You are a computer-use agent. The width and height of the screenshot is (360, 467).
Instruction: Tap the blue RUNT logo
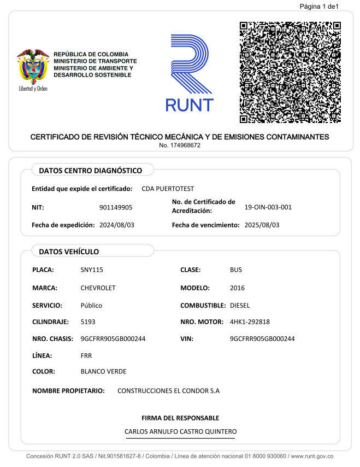[x=189, y=73]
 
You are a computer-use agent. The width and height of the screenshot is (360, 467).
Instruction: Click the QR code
[x=290, y=72]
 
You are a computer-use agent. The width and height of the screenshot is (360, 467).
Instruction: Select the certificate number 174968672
[x=180, y=145]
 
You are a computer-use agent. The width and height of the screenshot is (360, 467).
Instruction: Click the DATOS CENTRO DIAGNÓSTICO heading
[x=90, y=171]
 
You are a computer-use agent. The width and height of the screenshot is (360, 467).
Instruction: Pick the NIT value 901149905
[x=116, y=207]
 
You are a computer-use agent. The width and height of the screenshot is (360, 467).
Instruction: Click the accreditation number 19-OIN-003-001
[x=268, y=207]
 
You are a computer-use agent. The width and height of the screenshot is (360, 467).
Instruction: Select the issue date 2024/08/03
[x=116, y=225]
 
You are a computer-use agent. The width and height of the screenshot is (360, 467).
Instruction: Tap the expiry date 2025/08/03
[x=262, y=225]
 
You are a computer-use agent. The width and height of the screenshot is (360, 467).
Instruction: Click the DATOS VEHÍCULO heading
[x=69, y=252]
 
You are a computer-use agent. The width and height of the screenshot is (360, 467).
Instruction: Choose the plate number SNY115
[x=92, y=270]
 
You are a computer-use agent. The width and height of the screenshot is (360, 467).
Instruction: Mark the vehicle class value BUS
[x=236, y=270]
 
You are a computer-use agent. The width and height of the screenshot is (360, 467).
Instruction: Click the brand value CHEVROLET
[x=98, y=288]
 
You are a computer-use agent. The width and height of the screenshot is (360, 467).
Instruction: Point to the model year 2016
[x=238, y=288]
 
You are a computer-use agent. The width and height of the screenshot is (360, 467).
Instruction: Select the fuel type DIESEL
[x=240, y=305]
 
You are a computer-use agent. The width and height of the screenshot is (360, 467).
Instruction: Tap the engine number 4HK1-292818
[x=250, y=322]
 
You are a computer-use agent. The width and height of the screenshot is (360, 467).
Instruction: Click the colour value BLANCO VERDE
[x=103, y=371]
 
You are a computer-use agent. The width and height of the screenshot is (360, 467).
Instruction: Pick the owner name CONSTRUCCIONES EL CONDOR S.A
[x=168, y=391]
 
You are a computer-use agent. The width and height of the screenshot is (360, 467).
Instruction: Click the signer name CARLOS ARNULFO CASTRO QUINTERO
[x=180, y=432]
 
